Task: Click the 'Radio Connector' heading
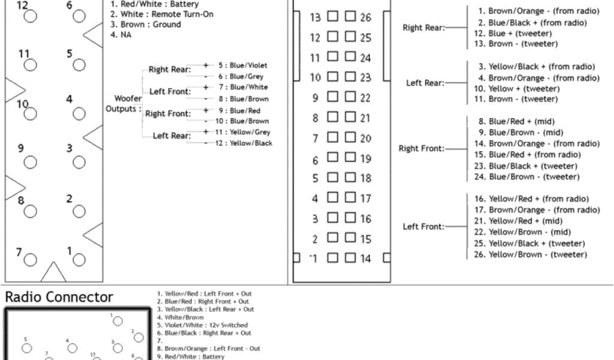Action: pyautogui.click(x=59, y=297)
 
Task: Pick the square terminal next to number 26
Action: pyautogui.click(x=350, y=17)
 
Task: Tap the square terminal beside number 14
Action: pyautogui.click(x=350, y=259)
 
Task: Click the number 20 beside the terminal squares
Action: pyautogui.click(x=365, y=139)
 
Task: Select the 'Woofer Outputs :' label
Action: pyautogui.click(x=124, y=103)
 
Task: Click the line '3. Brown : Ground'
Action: pyautogui.click(x=145, y=25)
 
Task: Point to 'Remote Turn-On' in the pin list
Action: pyautogui.click(x=182, y=14)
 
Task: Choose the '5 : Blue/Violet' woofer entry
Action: pyautogui.click(x=242, y=65)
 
